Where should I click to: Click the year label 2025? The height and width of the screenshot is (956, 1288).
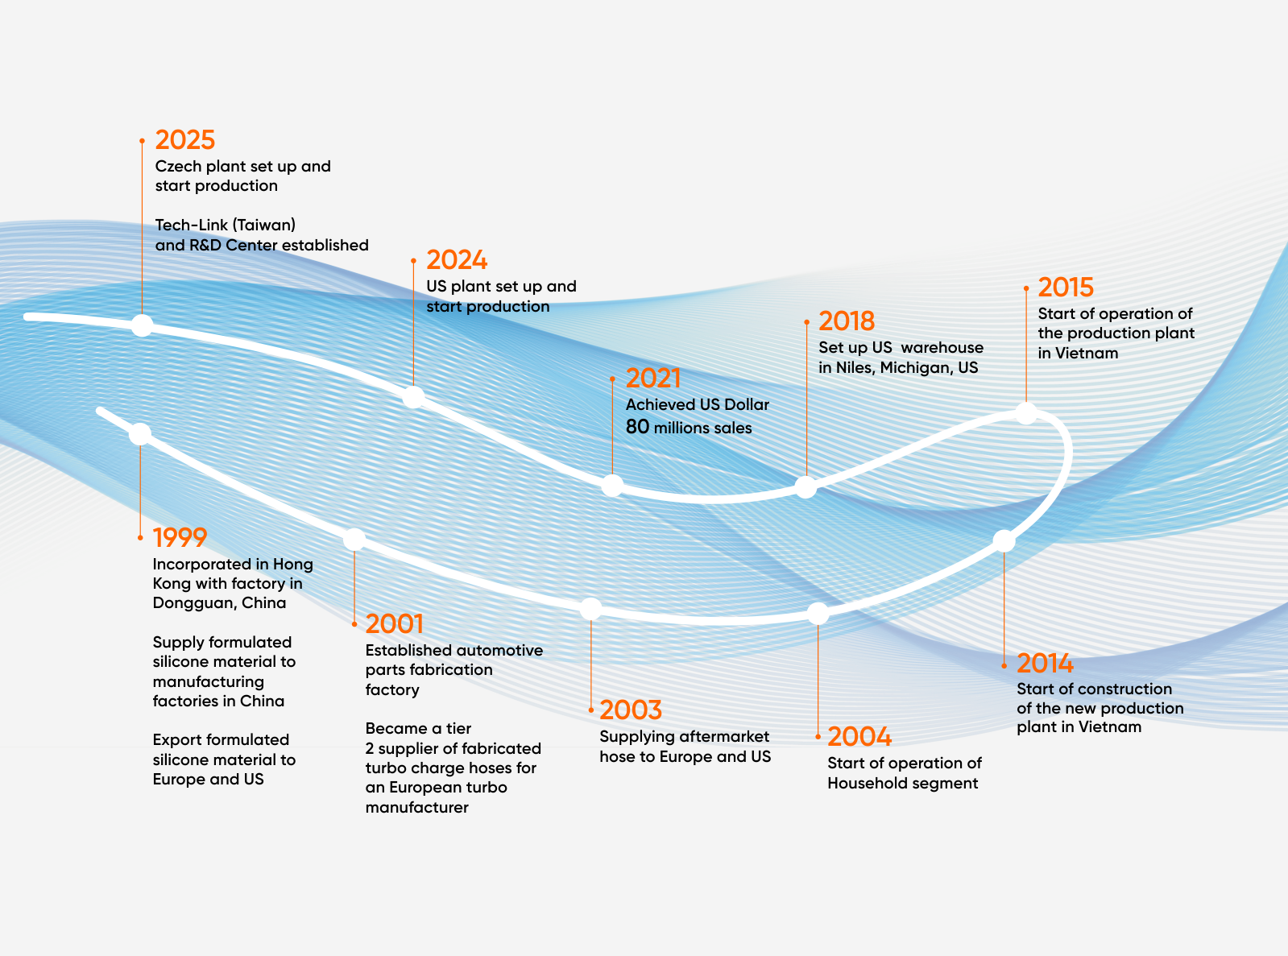[184, 140]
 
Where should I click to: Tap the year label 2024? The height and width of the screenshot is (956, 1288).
[457, 260]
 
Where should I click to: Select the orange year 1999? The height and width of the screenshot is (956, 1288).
[180, 538]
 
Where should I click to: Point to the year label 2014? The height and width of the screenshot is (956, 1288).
[1045, 664]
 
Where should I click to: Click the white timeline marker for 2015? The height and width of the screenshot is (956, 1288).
[1026, 413]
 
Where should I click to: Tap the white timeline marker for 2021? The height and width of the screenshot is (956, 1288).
[612, 485]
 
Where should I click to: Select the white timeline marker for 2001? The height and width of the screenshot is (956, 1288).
[354, 540]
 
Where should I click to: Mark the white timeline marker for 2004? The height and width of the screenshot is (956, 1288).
[818, 614]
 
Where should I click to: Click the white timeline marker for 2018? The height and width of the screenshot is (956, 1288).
[806, 486]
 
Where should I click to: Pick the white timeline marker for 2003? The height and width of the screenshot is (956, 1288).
[590, 609]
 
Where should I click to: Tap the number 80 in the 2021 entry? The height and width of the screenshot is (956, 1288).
[637, 427]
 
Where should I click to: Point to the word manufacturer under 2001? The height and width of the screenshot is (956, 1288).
[416, 807]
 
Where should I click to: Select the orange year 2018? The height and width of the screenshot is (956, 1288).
[846, 321]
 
